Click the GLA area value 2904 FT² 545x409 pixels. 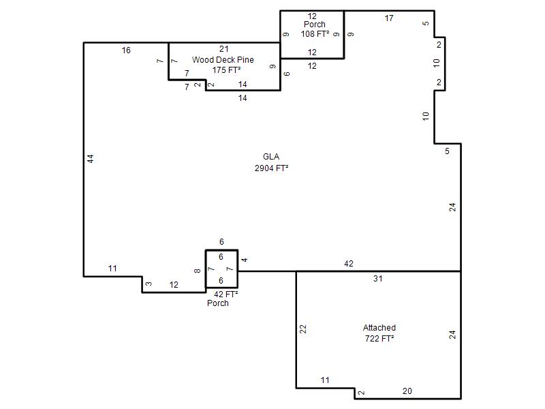click(x=271, y=168)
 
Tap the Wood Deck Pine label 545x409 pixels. click(x=223, y=60)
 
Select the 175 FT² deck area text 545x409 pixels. click(x=226, y=70)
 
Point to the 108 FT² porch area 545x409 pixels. click(x=315, y=34)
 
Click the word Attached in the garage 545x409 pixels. click(x=379, y=328)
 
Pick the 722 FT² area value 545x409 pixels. click(x=379, y=338)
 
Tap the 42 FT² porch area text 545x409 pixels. click(x=226, y=294)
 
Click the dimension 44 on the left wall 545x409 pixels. click(x=91, y=159)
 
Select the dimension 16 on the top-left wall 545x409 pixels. click(x=126, y=50)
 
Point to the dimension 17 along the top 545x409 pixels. click(x=389, y=18)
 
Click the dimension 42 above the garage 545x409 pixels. click(x=349, y=264)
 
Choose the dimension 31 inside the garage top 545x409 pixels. click(x=378, y=279)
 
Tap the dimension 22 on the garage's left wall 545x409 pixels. click(x=303, y=329)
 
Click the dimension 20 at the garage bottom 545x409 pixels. click(x=407, y=391)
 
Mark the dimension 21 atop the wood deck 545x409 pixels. click(x=224, y=49)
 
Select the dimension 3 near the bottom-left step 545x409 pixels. click(x=149, y=284)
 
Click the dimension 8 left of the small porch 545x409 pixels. click(x=198, y=271)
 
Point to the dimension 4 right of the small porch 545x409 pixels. click(x=245, y=260)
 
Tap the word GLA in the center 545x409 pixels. click(x=271, y=157)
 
